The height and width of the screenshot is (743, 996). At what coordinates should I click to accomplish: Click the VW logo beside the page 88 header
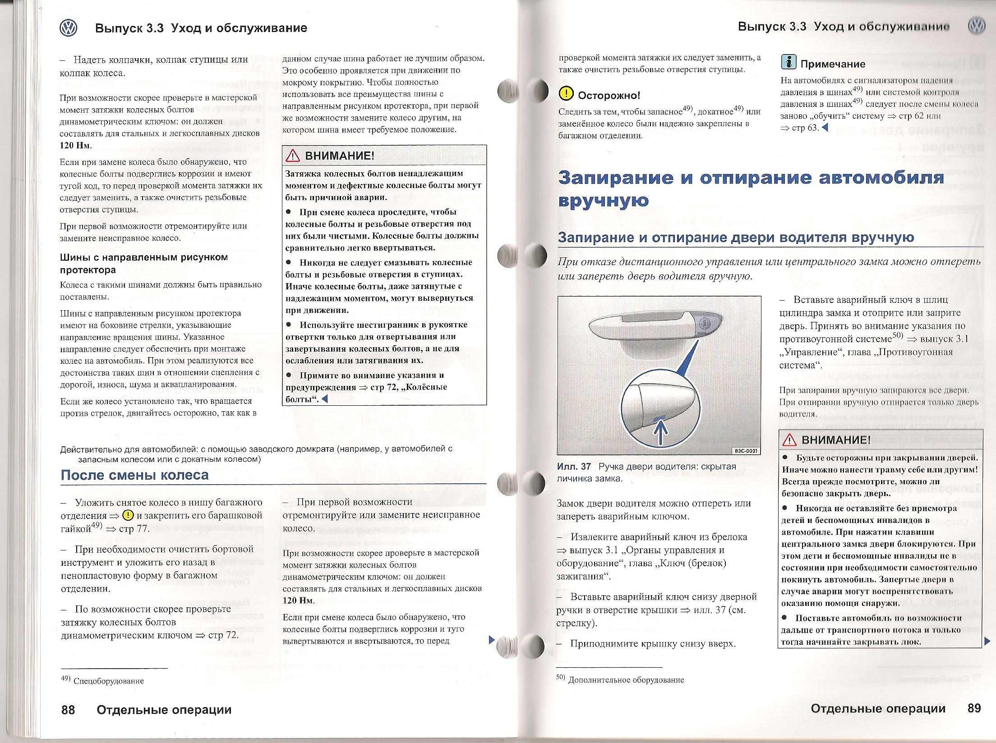[69, 28]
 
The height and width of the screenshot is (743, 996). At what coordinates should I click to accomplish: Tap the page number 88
[68, 709]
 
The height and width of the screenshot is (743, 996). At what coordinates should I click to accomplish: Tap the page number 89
[974, 708]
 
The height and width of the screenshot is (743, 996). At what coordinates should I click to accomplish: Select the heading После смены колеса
[134, 475]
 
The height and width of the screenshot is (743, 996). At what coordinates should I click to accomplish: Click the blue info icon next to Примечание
[788, 62]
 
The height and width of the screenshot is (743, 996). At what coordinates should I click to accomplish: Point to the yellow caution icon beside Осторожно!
[565, 94]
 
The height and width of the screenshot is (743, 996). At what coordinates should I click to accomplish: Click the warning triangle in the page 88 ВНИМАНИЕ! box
[293, 156]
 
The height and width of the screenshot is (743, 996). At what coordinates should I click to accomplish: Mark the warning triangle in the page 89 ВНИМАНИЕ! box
[789, 440]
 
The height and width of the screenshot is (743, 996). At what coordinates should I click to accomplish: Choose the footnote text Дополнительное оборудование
[626, 680]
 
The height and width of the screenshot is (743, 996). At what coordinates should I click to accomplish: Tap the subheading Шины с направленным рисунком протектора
[144, 263]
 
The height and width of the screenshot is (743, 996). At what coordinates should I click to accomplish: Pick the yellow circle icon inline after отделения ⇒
[128, 515]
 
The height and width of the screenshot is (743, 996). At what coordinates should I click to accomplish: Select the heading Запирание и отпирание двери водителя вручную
[736, 238]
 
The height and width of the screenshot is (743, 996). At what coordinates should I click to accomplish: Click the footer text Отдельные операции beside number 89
[878, 708]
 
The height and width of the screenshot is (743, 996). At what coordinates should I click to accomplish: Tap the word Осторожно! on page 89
[609, 95]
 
